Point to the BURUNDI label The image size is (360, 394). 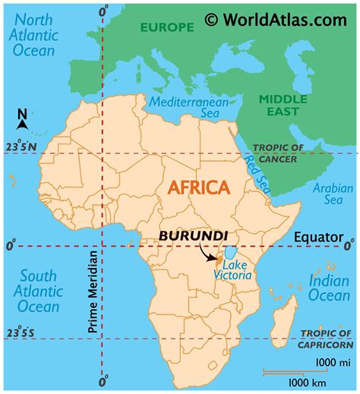(x=194, y=235)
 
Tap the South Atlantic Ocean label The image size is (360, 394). (x=34, y=291)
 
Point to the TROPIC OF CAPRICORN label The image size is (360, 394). (x=327, y=339)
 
